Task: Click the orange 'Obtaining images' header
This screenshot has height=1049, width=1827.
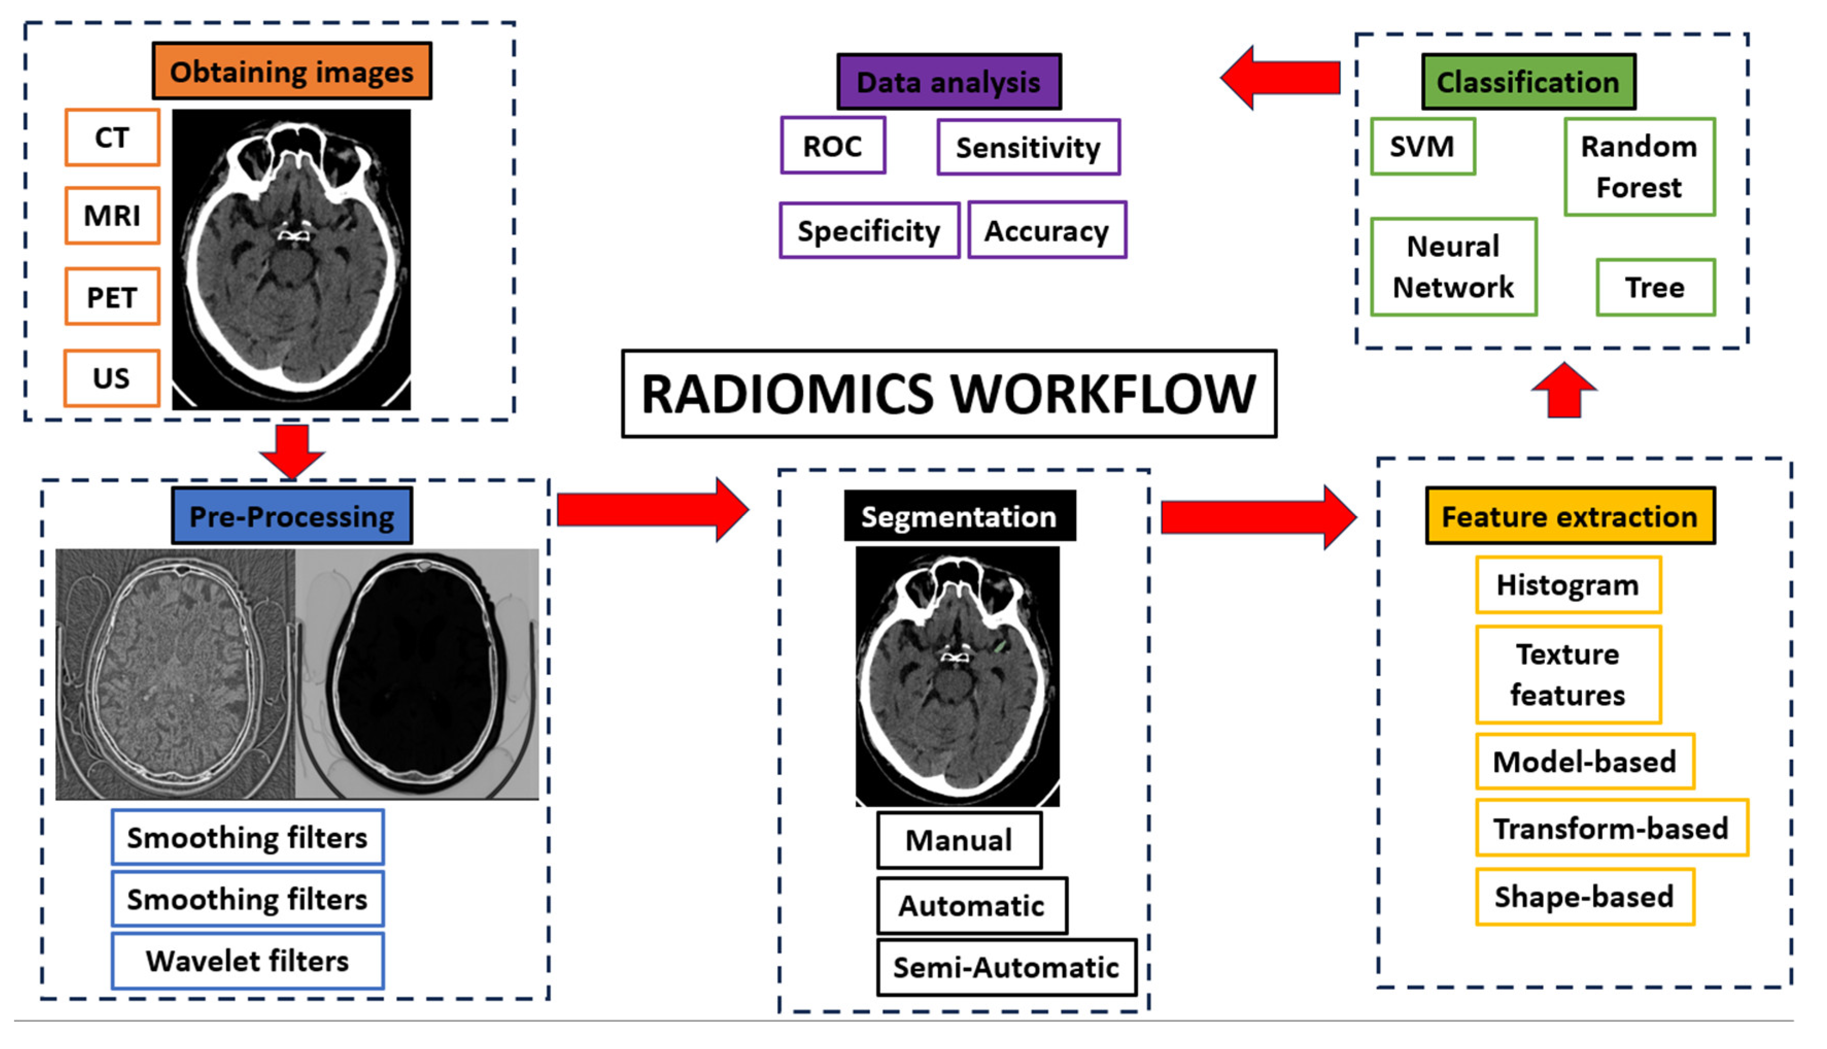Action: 292,72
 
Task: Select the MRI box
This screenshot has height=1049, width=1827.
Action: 112,215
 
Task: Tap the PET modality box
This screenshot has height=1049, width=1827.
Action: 112,297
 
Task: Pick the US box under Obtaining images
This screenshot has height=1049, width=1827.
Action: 112,378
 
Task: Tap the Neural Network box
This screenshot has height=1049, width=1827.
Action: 1453,267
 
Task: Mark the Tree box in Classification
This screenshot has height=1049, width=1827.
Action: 1655,287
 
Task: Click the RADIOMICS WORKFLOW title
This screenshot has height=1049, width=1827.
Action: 949,394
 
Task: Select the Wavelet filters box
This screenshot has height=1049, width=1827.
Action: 247,961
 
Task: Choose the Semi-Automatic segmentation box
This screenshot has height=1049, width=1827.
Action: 1006,968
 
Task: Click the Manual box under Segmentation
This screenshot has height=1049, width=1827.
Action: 959,840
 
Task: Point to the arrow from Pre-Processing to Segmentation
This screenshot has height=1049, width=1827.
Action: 652,510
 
